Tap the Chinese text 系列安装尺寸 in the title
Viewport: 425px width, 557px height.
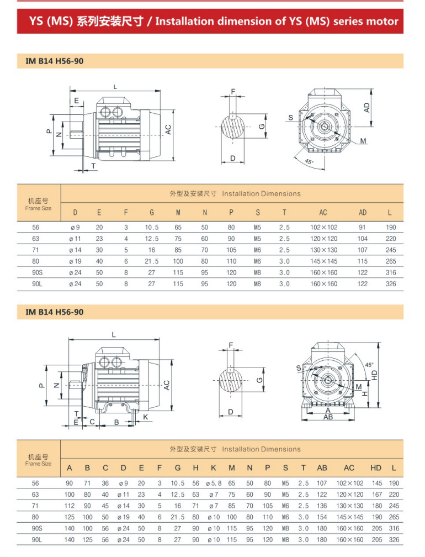tap(110, 22)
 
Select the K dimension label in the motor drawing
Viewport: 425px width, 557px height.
tap(145, 416)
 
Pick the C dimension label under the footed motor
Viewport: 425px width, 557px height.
tap(92, 422)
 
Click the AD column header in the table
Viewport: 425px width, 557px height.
tap(363, 212)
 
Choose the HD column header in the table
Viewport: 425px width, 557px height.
tap(376, 467)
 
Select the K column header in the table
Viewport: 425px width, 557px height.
tap(213, 467)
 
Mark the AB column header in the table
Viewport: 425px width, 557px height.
tap(322, 467)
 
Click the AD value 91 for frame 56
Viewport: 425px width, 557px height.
tap(363, 227)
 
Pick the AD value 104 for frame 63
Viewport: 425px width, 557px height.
tap(363, 239)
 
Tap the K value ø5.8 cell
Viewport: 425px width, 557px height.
tap(213, 483)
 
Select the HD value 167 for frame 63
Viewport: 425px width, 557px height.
tap(376, 495)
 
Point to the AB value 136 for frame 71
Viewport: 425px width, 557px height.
tap(322, 505)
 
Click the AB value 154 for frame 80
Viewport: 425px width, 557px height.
tap(322, 517)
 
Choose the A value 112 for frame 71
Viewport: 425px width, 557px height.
tap(70, 505)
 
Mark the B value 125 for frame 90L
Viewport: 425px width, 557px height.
tap(87, 539)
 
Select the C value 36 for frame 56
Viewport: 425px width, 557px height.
tap(105, 483)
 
